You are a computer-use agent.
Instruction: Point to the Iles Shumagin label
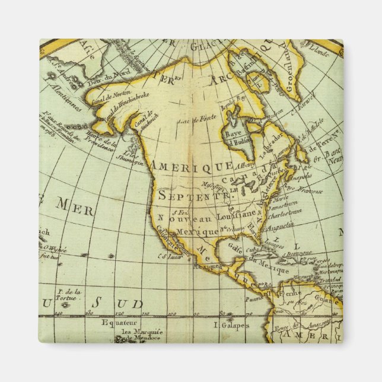(x=138, y=155)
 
